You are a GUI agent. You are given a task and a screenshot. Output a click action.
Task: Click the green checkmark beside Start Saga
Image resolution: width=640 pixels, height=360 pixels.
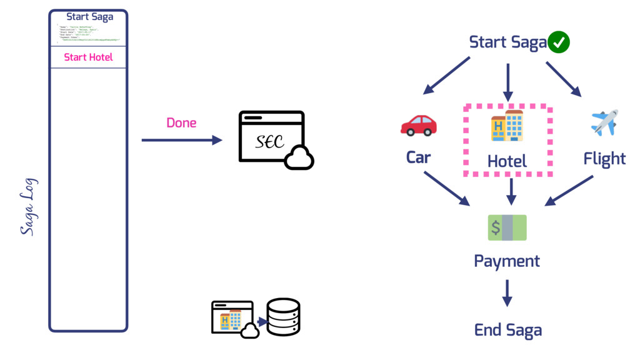pyautogui.click(x=559, y=42)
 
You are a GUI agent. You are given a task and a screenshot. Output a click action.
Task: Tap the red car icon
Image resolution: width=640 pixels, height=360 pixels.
pyautogui.click(x=419, y=125)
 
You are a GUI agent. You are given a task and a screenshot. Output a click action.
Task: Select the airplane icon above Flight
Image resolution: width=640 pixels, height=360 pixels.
pyautogui.click(x=604, y=122)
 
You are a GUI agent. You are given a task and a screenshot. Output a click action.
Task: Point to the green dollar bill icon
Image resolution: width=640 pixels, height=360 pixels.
pyautogui.click(x=507, y=227)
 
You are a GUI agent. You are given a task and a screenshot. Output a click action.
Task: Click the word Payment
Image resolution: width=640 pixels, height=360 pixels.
pyautogui.click(x=507, y=261)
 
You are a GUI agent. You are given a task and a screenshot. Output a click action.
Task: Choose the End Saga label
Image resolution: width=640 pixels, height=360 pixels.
pyautogui.click(x=507, y=330)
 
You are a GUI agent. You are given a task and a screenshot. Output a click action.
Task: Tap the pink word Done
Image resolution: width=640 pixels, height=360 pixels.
pyautogui.click(x=181, y=122)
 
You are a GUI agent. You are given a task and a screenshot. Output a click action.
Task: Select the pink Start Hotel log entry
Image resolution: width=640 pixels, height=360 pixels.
pyautogui.click(x=88, y=57)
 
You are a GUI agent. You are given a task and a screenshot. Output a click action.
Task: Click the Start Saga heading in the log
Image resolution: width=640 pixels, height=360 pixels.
pyautogui.click(x=89, y=17)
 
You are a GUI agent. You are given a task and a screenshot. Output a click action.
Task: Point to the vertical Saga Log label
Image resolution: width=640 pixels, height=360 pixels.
pyautogui.click(x=28, y=206)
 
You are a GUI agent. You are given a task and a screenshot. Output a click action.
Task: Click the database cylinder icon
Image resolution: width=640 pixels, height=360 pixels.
pyautogui.click(x=283, y=317)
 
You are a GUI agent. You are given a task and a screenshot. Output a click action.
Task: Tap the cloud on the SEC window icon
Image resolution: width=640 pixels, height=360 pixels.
pyautogui.click(x=299, y=158)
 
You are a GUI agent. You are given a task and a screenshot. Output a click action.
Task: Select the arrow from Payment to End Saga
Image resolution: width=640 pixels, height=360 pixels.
pyautogui.click(x=507, y=293)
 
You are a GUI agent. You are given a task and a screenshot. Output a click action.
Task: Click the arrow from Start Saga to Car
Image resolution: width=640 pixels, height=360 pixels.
pyautogui.click(x=446, y=76)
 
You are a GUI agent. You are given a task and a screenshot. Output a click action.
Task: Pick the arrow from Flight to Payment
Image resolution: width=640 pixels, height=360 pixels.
pyautogui.click(x=569, y=190)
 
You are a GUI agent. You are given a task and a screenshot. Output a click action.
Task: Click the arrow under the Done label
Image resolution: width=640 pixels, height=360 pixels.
pyautogui.click(x=182, y=141)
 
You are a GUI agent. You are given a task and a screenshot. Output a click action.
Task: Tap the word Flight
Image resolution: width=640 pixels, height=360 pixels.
pyautogui.click(x=604, y=159)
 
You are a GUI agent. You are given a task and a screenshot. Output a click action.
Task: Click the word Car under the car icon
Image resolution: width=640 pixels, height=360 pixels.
pyautogui.click(x=418, y=157)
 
